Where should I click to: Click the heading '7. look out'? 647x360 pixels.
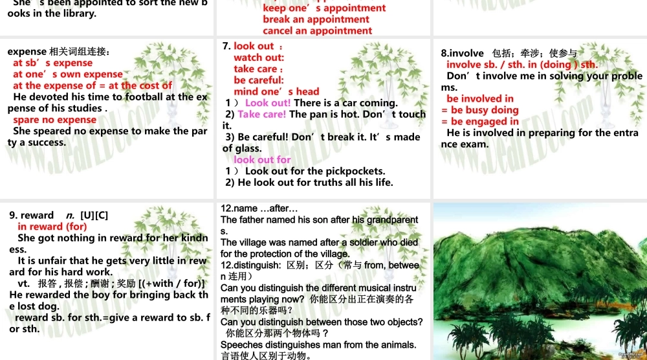click(x=254, y=46)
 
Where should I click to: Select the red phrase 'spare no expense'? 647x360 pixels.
click(x=54, y=120)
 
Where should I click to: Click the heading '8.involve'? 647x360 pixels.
click(x=463, y=53)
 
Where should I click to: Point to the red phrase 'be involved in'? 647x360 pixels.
click(x=479, y=98)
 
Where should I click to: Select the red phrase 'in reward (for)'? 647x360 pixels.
click(x=52, y=227)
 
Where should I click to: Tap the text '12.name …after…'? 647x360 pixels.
click(x=259, y=208)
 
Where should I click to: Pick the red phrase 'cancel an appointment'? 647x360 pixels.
click(x=317, y=30)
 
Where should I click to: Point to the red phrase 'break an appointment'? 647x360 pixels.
click(x=316, y=19)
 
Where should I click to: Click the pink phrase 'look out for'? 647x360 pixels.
click(x=262, y=159)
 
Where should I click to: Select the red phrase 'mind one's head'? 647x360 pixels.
click(x=276, y=91)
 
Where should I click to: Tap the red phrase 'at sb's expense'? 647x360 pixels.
click(x=52, y=63)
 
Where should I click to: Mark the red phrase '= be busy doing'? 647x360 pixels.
click(x=479, y=110)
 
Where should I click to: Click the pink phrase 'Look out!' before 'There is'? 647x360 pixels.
click(x=268, y=103)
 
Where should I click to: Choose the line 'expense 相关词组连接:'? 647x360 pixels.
click(x=58, y=51)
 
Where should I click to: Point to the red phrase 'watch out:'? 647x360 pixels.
click(x=259, y=58)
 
